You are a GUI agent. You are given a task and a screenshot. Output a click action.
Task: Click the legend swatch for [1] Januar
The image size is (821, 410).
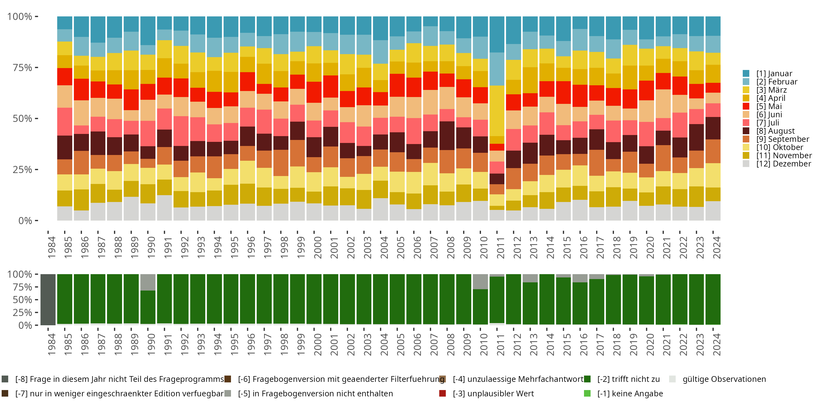[746, 74]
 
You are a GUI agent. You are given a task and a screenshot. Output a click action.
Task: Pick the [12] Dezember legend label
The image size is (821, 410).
[784, 164]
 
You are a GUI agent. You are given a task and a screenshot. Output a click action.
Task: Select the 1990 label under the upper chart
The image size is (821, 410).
[151, 247]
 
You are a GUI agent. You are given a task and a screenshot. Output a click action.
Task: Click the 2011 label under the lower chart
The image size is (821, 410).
[500, 344]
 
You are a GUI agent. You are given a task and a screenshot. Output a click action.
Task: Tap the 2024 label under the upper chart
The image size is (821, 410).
[716, 247]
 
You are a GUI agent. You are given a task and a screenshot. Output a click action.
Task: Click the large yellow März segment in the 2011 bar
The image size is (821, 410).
[497, 111]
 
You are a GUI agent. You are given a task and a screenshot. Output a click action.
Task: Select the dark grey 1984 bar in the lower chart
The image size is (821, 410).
[48, 300]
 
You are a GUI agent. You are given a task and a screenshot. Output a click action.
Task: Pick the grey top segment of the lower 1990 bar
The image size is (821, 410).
[148, 282]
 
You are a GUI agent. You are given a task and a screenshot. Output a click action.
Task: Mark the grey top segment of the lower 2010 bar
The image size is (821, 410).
[480, 282]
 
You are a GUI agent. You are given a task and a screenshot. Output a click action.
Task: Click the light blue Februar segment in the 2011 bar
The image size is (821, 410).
[497, 69]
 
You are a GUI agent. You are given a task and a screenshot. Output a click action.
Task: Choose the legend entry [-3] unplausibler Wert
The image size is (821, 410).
[493, 393]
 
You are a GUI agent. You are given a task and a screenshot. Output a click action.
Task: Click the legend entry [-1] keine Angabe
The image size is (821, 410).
[630, 393]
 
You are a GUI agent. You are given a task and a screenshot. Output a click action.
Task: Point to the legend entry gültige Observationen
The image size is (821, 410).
[724, 379]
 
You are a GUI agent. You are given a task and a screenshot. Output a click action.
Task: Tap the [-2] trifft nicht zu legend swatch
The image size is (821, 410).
[587, 379]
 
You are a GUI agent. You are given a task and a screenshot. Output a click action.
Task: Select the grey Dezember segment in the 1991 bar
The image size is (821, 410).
[164, 207]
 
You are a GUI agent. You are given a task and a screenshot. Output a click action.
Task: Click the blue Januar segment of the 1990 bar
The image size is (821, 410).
[148, 31]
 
